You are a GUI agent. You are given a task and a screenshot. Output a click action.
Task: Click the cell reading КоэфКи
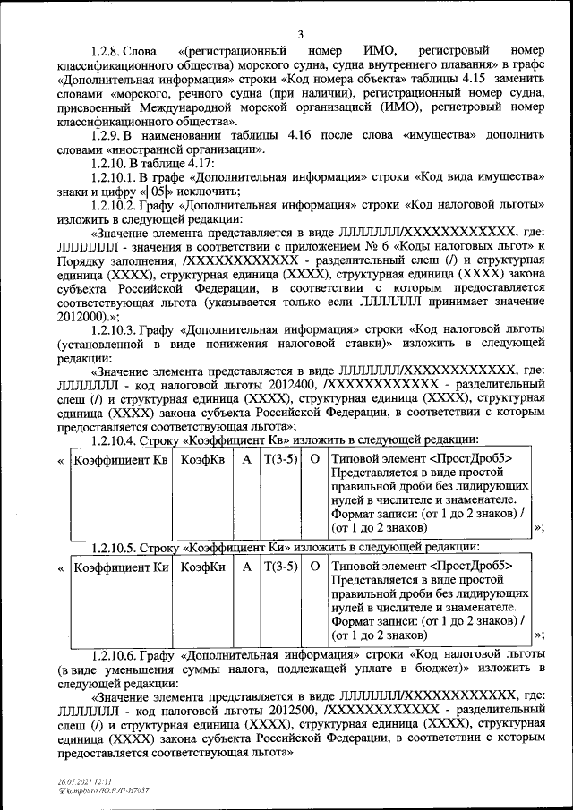click(202, 567)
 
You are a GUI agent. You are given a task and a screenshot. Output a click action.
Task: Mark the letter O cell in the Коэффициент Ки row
click(314, 567)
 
